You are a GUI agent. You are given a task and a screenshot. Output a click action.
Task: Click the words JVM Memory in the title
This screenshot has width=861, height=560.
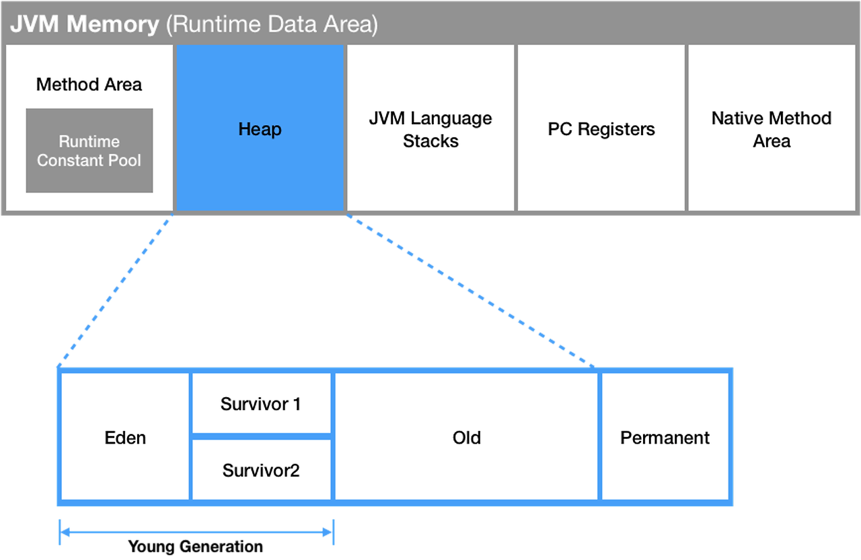point(85,24)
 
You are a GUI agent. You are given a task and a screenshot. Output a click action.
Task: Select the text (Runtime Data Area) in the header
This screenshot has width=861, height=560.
point(272,25)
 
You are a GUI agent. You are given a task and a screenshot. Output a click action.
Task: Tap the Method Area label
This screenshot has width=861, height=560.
point(89,84)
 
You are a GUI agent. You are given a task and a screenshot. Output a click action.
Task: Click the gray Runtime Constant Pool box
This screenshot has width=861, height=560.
point(89,150)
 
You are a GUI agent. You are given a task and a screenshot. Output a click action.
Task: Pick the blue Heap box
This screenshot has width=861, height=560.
point(260,128)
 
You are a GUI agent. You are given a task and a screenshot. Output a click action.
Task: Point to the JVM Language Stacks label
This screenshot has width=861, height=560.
point(430,129)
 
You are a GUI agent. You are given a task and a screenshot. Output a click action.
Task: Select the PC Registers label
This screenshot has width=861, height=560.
point(601,129)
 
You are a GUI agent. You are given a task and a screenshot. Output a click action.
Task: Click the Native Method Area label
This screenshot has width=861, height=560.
point(772,129)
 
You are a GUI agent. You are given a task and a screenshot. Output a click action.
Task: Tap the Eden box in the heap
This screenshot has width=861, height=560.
point(125,437)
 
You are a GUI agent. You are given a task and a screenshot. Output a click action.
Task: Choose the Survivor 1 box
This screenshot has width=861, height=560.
point(261,403)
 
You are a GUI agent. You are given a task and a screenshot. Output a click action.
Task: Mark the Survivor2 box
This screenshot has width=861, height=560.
point(261,470)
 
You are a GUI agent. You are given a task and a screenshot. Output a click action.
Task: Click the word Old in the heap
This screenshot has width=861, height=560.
point(466,438)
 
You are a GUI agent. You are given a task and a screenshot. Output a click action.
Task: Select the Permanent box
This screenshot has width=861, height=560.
point(665,437)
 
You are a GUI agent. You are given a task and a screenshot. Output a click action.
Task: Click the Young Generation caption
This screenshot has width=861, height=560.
point(195,546)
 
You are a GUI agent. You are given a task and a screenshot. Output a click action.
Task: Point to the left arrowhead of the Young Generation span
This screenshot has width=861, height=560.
point(65,532)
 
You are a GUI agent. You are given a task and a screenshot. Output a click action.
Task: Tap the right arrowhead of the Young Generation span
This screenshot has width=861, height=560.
point(328,532)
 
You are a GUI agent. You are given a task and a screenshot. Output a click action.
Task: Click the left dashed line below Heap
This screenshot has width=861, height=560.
point(115,290)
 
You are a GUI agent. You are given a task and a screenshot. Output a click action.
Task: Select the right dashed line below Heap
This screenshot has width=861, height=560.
point(470,290)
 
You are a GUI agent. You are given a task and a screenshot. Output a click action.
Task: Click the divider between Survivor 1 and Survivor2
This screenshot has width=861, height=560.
point(262,437)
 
